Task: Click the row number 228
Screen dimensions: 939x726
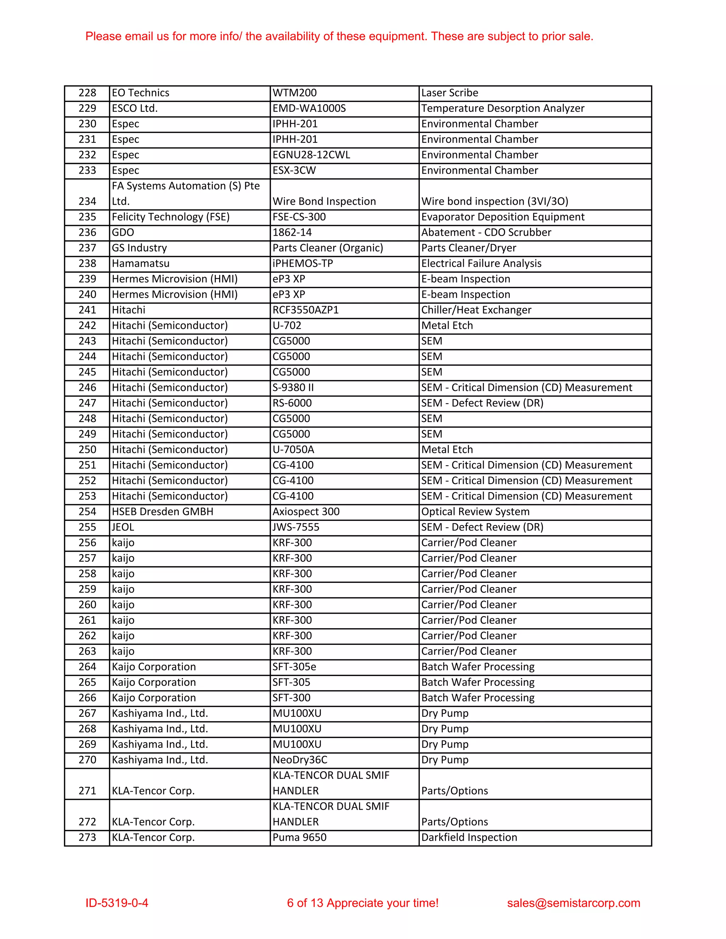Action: tap(87, 93)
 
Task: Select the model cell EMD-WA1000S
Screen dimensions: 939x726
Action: tap(309, 108)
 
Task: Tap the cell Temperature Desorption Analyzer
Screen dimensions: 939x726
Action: tap(502, 108)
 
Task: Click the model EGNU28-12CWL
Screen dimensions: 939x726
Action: tap(311, 155)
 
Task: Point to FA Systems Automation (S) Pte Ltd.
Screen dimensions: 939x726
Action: tap(185, 193)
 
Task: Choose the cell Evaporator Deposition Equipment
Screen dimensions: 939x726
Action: tap(502, 217)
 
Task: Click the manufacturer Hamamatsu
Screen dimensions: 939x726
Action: tap(141, 263)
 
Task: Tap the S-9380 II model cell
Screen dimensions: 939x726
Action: tap(293, 387)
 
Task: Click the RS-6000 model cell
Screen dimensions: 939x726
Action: tap(292, 403)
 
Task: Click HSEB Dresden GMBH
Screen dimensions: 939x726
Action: tap(163, 511)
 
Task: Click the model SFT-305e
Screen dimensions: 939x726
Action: tap(294, 667)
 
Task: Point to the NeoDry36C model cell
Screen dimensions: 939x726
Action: tap(300, 759)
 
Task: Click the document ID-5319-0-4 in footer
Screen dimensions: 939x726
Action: tap(117, 903)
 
